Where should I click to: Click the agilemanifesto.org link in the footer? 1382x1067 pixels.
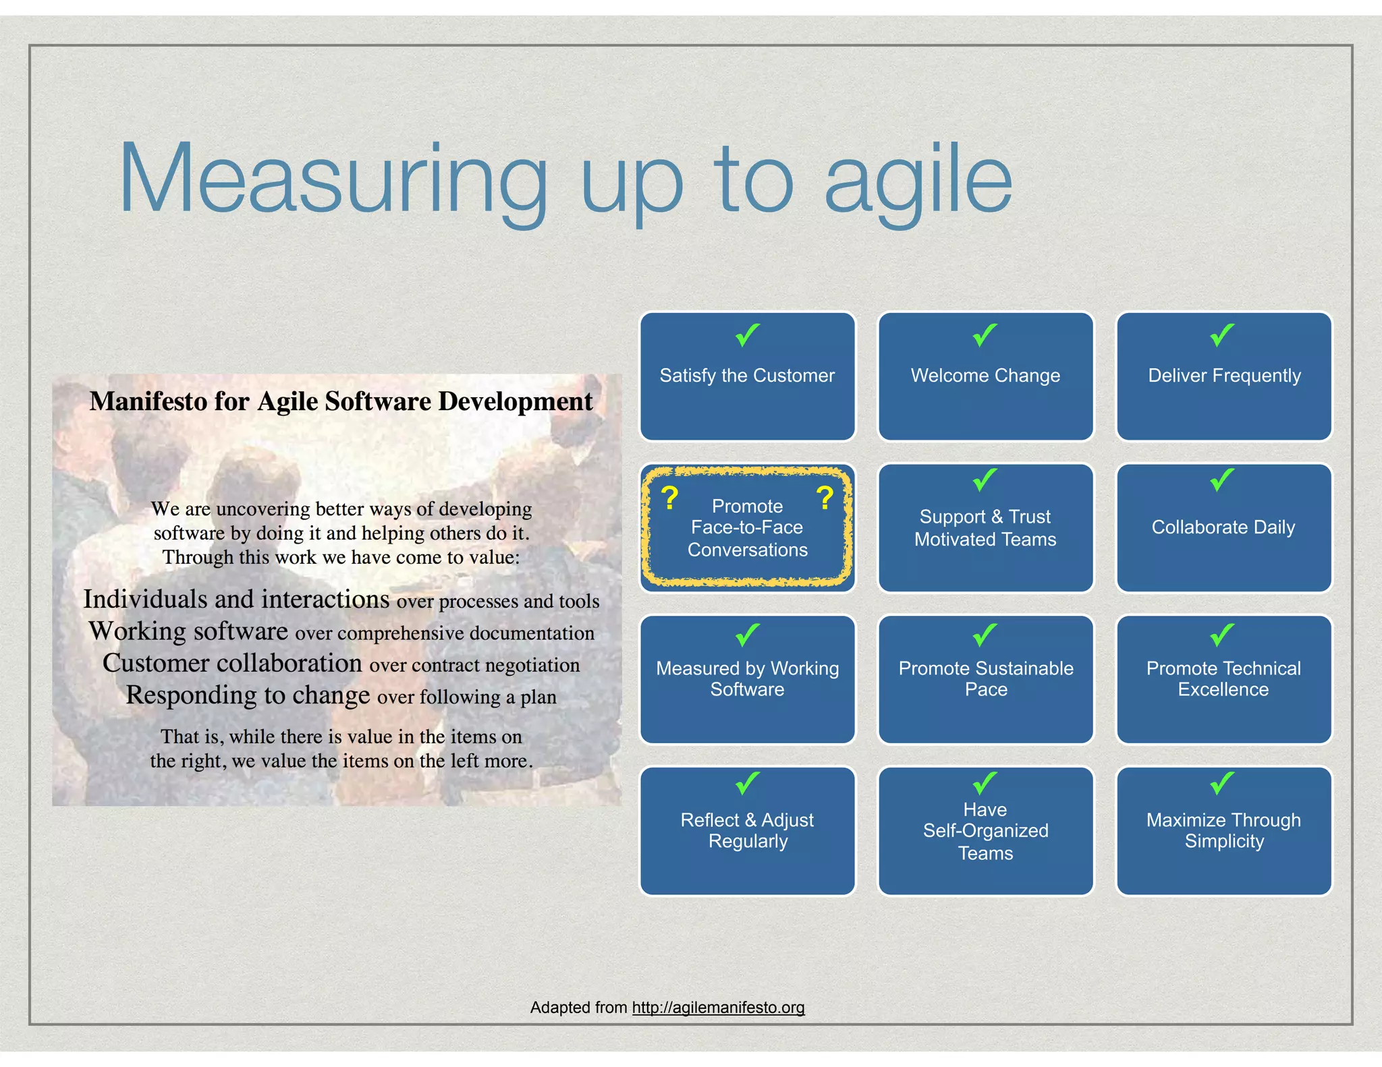[x=718, y=1007]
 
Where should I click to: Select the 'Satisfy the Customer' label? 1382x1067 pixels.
[x=747, y=376]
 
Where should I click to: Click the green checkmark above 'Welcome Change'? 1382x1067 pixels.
[x=985, y=335]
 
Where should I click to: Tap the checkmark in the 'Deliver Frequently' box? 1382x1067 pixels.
[x=1222, y=335]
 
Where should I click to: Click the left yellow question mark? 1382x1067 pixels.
[x=669, y=498]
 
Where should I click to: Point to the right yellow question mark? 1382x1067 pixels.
[x=825, y=498]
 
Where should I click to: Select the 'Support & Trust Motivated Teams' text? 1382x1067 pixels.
[x=985, y=527]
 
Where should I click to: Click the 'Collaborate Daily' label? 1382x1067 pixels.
[x=1223, y=527]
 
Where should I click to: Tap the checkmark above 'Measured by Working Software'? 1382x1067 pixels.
[x=748, y=635]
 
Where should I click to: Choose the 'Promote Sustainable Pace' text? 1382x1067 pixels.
[x=985, y=679]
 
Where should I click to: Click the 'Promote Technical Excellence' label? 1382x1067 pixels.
[x=1223, y=679]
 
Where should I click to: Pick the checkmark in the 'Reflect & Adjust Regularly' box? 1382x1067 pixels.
[x=748, y=783]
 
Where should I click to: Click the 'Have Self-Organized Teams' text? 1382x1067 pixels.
[x=985, y=831]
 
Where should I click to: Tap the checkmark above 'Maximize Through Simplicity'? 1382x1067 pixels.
[x=1222, y=783]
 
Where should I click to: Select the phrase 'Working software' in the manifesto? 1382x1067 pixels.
[x=189, y=631]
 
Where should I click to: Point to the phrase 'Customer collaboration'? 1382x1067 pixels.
[x=232, y=663]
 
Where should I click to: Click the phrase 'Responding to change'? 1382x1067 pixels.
[x=248, y=695]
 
